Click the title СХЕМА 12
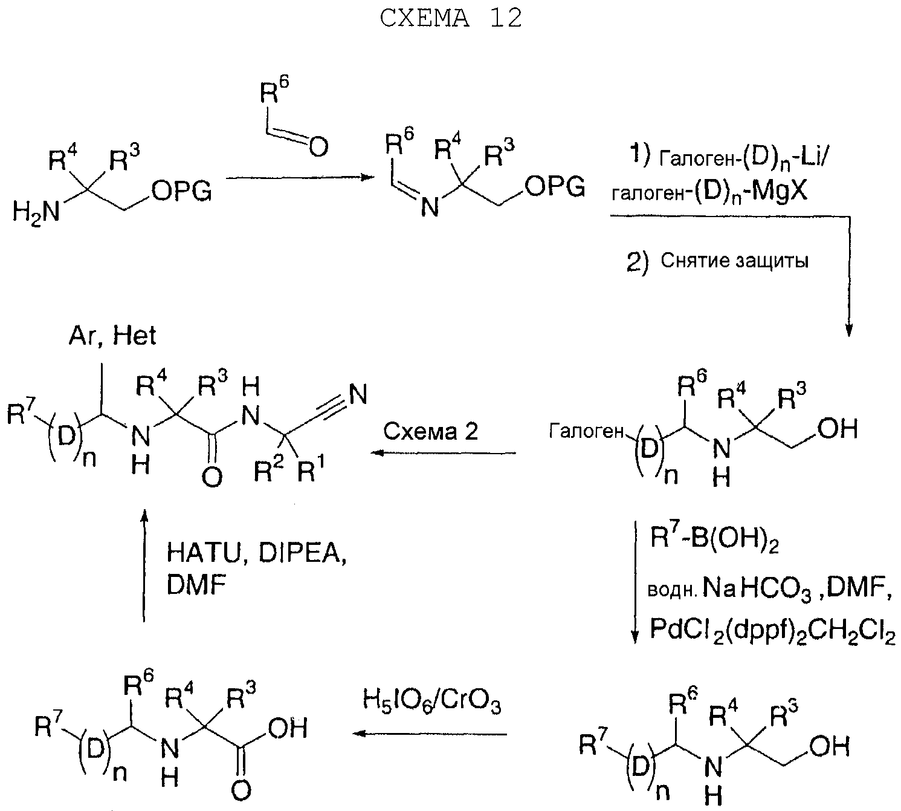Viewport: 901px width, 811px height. [451, 19]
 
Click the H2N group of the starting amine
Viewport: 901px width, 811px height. [36, 212]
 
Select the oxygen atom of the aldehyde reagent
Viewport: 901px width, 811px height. [318, 147]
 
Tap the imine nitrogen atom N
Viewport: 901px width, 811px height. [430, 208]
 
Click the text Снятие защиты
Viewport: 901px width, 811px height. [734, 261]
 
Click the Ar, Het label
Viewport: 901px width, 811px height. [112, 336]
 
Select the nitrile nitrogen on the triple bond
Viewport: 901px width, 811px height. [358, 395]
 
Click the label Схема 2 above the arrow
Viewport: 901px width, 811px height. [431, 432]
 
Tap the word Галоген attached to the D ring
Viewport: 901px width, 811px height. [586, 432]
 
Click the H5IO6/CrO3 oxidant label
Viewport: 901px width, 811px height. [431, 703]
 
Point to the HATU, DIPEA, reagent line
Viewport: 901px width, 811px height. [256, 553]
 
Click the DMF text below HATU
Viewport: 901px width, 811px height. [196, 586]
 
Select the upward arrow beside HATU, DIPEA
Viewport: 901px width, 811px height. [144, 565]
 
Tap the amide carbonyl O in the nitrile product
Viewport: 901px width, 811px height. [212, 477]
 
